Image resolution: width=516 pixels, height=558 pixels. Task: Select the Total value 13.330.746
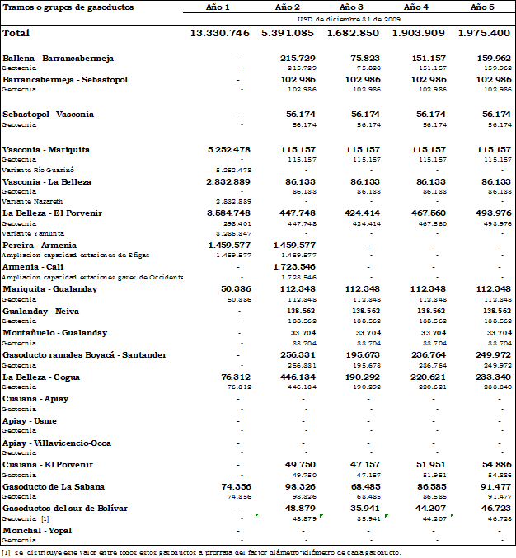coord(219,33)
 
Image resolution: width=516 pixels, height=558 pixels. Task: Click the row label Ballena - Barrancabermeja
coord(59,59)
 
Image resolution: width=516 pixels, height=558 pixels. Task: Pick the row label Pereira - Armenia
coord(40,245)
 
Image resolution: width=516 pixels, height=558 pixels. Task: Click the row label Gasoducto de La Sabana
coord(54,486)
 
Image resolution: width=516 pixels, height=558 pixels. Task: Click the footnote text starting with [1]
coord(201,551)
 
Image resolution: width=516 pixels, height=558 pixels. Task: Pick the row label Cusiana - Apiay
coord(35,398)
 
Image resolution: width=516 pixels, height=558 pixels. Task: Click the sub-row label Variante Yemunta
coord(30,232)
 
